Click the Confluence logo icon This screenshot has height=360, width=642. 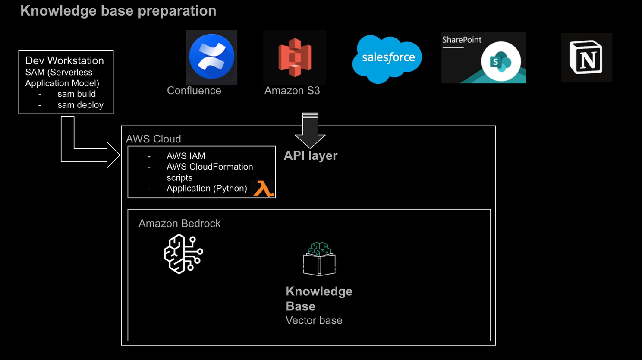coord(211,57)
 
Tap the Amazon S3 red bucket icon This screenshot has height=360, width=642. coord(294,57)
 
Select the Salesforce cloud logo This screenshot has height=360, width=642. coord(387,58)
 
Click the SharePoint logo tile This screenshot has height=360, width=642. coord(483,57)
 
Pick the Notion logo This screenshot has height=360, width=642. coord(586,57)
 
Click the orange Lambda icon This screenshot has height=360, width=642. coord(263,189)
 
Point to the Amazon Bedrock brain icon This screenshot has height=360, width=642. coord(183,254)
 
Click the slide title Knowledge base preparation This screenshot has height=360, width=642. coord(118,11)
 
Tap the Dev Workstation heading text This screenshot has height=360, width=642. coord(65,60)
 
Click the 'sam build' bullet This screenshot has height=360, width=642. coord(76,94)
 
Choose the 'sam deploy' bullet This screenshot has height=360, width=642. coord(80,105)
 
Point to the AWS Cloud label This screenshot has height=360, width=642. coord(153,139)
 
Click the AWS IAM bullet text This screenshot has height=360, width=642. coord(186,156)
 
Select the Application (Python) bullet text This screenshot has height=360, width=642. coord(207,188)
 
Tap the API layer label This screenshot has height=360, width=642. coord(311,155)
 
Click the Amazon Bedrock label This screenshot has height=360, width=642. coord(179,223)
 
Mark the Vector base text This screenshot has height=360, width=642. coord(314,320)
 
